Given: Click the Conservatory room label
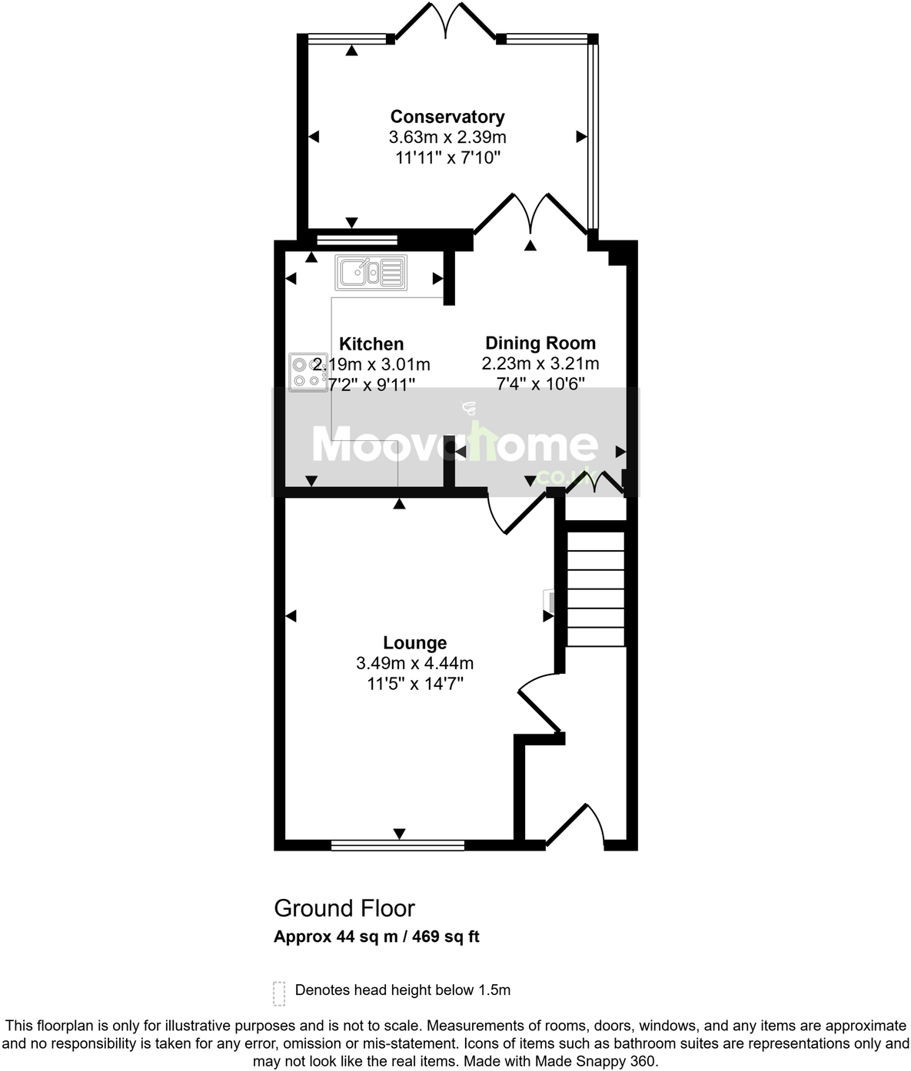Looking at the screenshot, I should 447,117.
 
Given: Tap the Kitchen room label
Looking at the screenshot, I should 371,344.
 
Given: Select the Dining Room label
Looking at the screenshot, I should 540,343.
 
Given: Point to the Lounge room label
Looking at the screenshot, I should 415,643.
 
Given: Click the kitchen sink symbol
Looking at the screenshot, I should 371,272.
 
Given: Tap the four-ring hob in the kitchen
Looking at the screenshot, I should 308,372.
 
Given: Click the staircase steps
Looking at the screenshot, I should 596,589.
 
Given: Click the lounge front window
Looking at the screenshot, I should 398,845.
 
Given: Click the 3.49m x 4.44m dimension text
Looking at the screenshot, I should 415,663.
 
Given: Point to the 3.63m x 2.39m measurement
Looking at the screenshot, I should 447,138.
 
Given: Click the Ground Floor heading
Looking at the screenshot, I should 344,908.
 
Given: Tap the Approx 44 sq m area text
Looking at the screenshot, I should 377,937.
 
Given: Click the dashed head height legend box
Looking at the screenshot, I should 279,993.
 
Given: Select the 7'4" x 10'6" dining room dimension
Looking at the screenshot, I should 540,383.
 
